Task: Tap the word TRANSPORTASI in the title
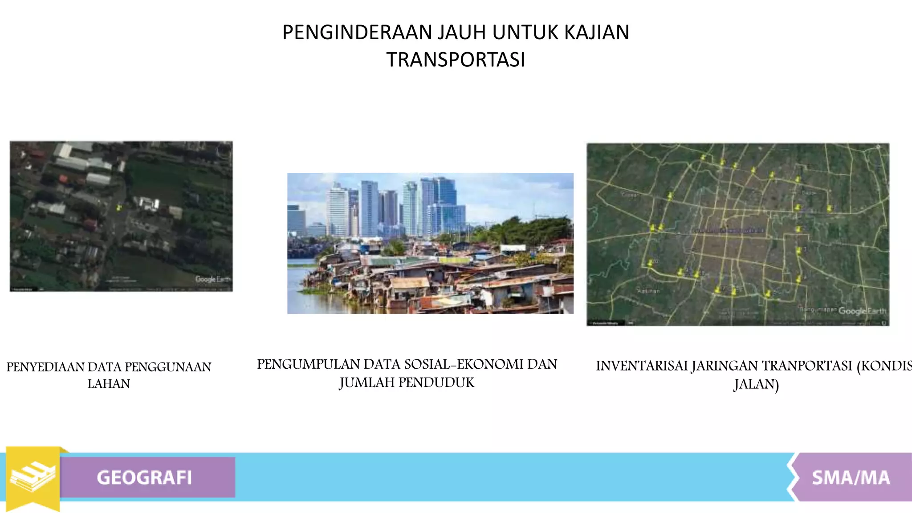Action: click(x=456, y=60)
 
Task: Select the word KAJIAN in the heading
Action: click(x=597, y=33)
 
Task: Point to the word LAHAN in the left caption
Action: click(x=109, y=383)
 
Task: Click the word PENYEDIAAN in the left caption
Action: click(x=45, y=367)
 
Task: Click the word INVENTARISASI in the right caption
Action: click(x=641, y=366)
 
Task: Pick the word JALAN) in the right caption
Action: click(x=756, y=384)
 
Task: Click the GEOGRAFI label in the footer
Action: click(x=144, y=477)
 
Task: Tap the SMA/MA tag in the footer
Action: click(x=851, y=477)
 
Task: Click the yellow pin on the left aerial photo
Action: click(x=118, y=207)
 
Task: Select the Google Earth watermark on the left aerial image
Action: click(x=213, y=279)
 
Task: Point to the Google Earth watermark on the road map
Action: click(x=862, y=311)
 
